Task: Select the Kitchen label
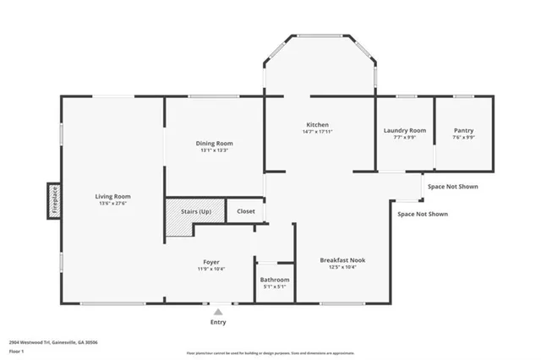(318, 124)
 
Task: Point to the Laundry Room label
(404, 130)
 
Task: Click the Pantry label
(463, 130)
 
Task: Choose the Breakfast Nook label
(342, 259)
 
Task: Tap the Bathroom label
(275, 280)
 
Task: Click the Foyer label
(211, 262)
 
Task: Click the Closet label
(246, 211)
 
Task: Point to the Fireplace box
(52, 202)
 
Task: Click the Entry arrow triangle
(218, 311)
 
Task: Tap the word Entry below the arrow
(218, 322)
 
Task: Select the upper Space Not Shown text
(452, 186)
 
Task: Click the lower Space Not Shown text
(423, 214)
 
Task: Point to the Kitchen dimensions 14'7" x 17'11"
(318, 132)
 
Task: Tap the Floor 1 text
(16, 350)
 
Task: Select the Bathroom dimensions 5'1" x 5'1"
(275, 287)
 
